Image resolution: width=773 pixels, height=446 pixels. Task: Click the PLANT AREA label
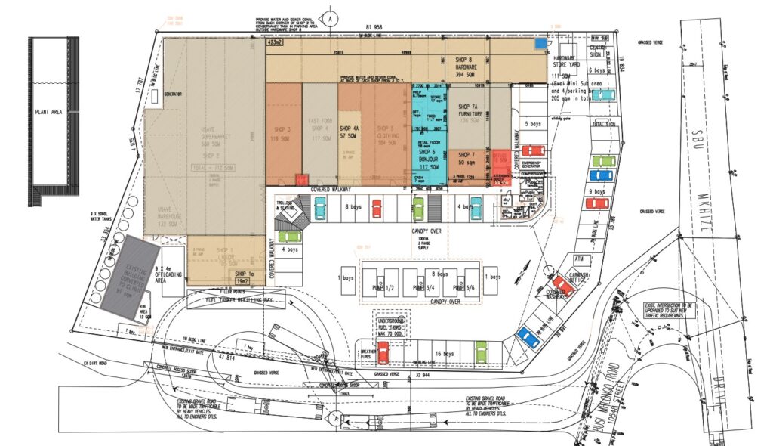click(50, 113)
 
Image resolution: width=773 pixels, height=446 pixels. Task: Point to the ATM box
click(559, 259)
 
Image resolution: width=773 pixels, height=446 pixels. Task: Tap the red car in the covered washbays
click(562, 280)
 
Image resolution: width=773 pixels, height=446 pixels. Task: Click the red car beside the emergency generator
click(532, 150)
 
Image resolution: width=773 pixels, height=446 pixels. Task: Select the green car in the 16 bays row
click(481, 352)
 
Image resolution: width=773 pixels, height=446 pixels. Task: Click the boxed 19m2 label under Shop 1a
click(242, 281)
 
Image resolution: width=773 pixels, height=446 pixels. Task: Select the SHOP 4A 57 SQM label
click(349, 132)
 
